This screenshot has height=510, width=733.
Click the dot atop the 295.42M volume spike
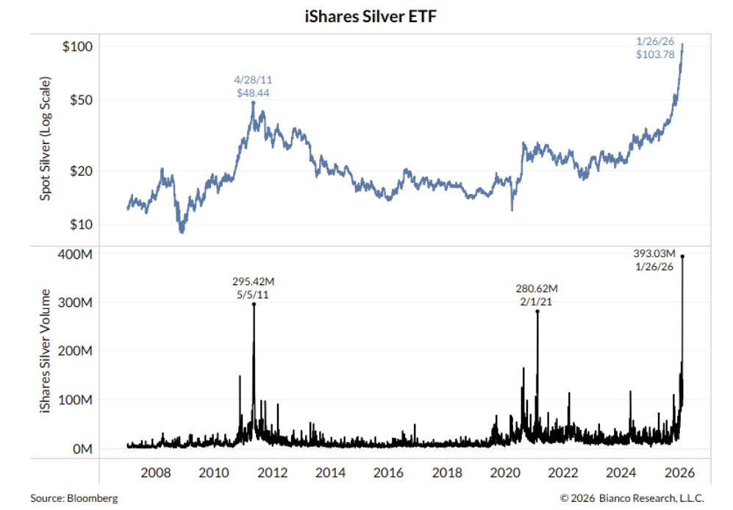point(254,304)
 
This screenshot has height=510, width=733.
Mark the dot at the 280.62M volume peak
point(537,312)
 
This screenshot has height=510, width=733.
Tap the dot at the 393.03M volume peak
point(682,256)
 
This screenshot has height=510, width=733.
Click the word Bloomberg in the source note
point(91,498)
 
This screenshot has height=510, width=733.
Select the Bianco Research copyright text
point(627,498)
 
